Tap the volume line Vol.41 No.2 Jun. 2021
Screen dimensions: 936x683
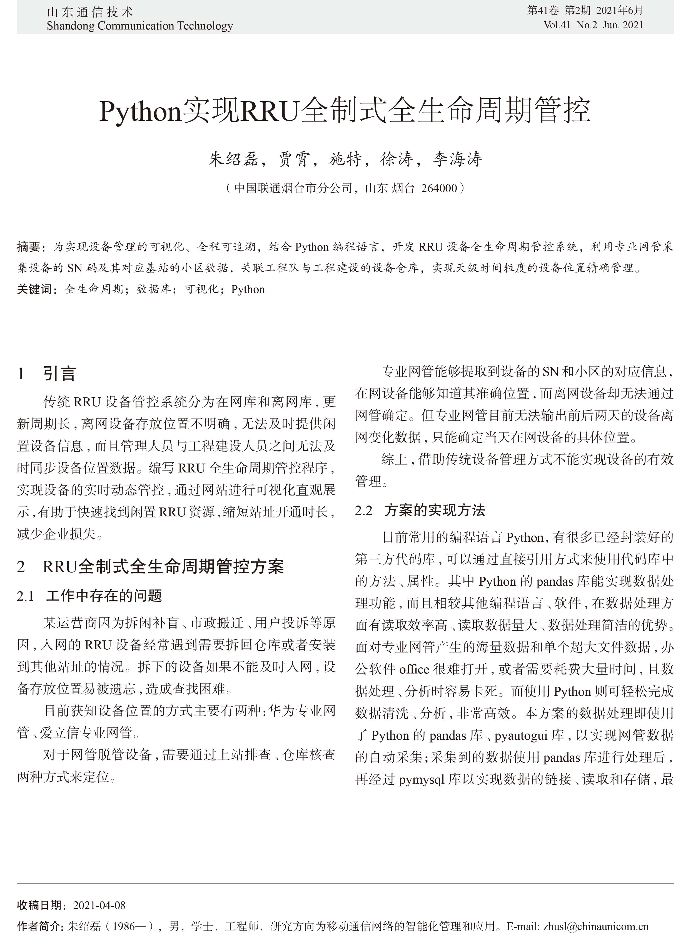pyautogui.click(x=593, y=25)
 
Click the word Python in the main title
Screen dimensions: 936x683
pyautogui.click(x=141, y=111)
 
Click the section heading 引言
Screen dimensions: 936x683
pyautogui.click(x=59, y=374)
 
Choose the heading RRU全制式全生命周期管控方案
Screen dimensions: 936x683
pyautogui.click(x=163, y=567)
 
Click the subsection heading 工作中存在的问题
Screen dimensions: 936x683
pyautogui.click(x=104, y=596)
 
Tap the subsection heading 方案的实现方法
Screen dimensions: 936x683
pyautogui.click(x=435, y=510)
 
